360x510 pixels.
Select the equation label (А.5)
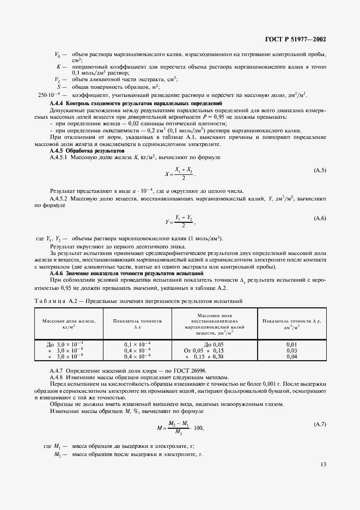coord(320,171)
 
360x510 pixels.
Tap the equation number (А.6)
coord(320,218)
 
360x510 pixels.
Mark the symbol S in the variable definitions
coord(58,87)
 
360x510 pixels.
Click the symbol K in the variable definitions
coord(58,66)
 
